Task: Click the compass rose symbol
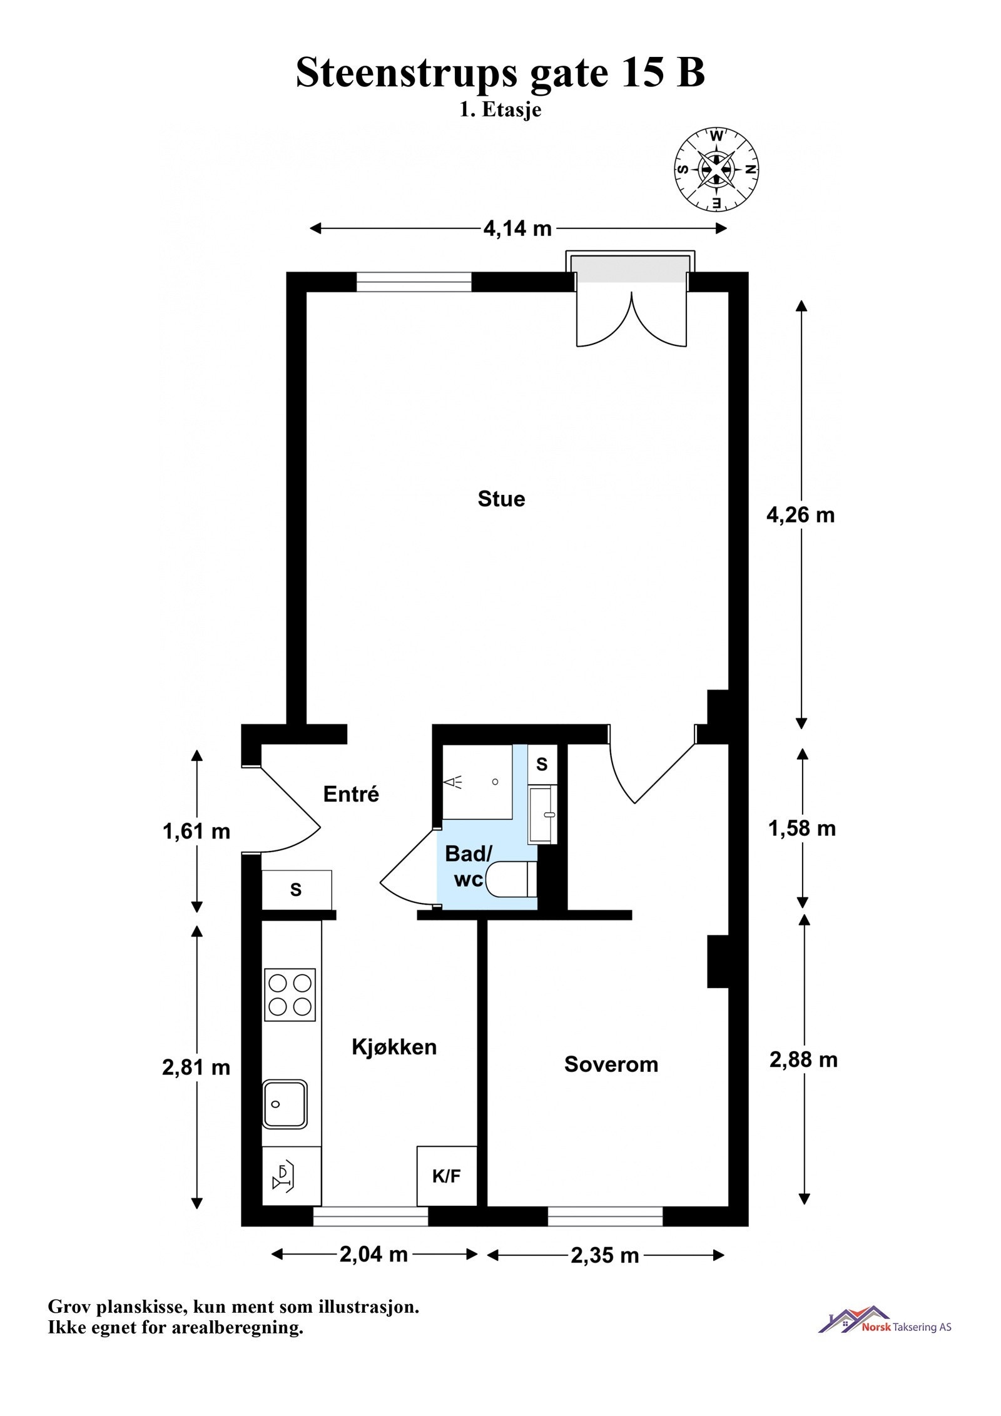716,169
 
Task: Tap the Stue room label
500,499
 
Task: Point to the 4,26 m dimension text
800,514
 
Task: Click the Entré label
351,794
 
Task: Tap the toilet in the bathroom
511,879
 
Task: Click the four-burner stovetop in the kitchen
290,995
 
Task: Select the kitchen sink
285,1104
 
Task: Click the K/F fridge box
446,1176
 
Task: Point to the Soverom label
611,1064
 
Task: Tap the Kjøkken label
394,1047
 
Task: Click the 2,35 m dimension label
604,1255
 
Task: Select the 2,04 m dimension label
373,1254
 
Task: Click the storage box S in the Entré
296,890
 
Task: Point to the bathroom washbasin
542,815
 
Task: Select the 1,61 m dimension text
196,832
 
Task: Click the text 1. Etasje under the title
500,110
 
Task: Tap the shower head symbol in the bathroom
453,782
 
